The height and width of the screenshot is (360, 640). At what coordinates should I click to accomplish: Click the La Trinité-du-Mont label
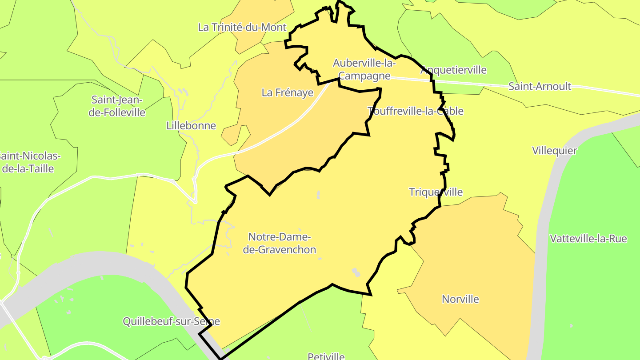pos(242,27)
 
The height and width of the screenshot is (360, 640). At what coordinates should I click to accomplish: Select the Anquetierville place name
pos(453,70)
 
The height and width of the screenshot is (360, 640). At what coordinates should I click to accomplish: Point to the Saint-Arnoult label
pos(540,86)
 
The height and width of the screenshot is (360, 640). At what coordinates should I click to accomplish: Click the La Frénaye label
pos(288,92)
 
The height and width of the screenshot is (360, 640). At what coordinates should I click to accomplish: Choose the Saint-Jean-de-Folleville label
pos(117,106)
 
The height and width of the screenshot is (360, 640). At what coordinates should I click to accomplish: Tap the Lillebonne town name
pos(191,125)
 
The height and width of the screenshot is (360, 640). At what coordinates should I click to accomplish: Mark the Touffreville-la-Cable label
pos(416,111)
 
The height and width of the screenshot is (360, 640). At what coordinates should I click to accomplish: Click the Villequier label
pos(554,151)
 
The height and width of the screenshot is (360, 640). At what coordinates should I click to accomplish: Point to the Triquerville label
pos(436,192)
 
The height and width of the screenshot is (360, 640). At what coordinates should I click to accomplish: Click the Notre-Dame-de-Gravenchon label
pos(280,243)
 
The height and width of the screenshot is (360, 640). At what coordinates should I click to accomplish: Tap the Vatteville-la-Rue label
pos(588,239)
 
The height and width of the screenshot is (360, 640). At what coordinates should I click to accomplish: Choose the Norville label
pos(460,299)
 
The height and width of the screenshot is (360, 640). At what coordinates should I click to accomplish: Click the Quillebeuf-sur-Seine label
pos(171,321)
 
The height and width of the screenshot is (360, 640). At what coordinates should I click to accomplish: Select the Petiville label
pos(326,356)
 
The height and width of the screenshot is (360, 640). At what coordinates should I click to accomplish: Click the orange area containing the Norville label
pos(480,258)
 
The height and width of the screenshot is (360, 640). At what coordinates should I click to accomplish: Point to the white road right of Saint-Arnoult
pos(613,92)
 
